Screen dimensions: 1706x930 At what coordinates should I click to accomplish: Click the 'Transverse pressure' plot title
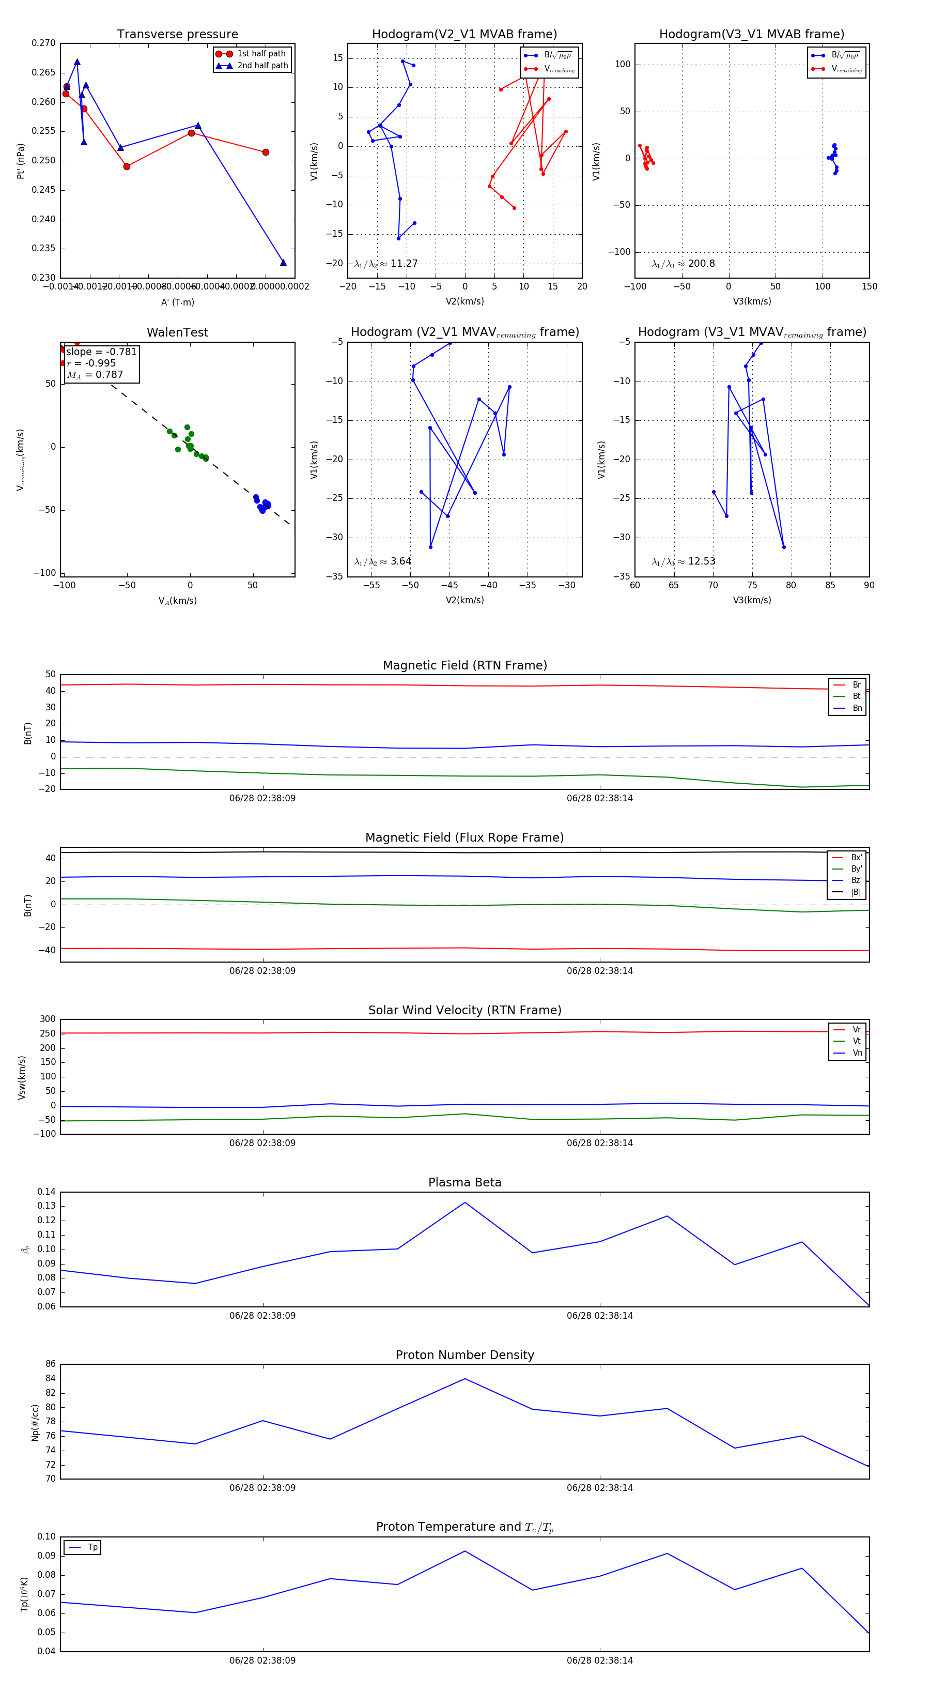tap(177, 35)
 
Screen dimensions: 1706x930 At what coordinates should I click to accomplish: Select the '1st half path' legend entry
tap(261, 54)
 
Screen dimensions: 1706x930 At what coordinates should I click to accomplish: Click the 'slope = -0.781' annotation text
tap(101, 352)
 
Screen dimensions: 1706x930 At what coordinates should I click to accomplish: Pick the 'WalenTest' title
tap(177, 332)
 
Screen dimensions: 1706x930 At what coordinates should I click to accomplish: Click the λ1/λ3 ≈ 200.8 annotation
tap(683, 264)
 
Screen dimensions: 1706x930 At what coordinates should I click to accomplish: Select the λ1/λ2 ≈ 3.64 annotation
tap(382, 561)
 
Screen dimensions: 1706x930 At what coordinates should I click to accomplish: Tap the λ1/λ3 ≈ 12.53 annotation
tap(683, 561)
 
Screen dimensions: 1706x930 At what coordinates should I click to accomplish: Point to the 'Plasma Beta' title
tap(464, 1183)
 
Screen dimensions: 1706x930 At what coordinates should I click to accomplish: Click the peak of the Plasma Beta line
tap(464, 1202)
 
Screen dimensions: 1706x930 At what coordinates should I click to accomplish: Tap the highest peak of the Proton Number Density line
tap(464, 1379)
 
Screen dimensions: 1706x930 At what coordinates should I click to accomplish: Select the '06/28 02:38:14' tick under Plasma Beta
tap(600, 1316)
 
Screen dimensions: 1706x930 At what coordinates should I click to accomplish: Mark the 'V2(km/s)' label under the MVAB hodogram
tap(464, 301)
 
